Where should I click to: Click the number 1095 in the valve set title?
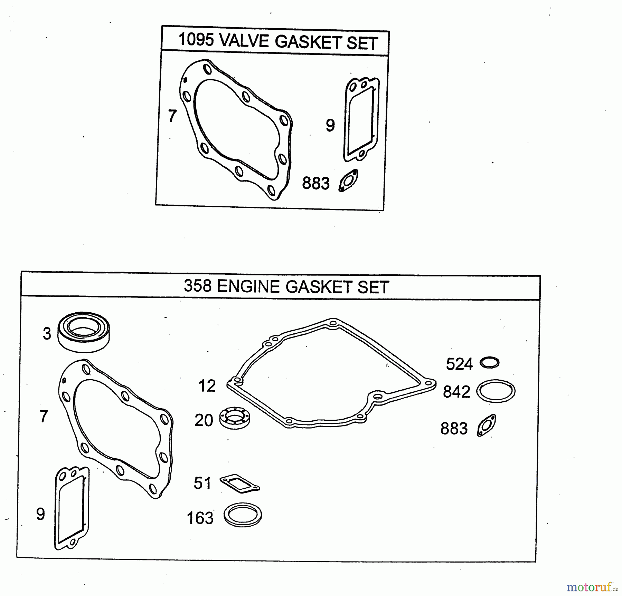point(196,40)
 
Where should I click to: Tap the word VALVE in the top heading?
point(244,41)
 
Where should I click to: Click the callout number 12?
point(207,386)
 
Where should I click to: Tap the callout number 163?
point(200,518)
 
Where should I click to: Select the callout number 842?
point(456,392)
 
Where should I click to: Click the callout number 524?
point(459,364)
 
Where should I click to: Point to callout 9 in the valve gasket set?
point(330,125)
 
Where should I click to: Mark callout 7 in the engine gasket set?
point(44,416)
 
